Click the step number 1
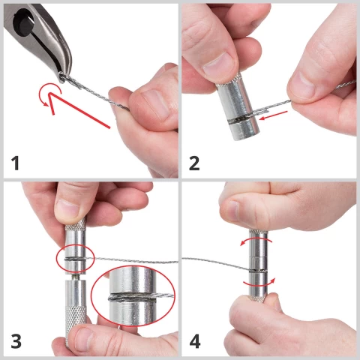click(x=15, y=163)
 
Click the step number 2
click(x=194, y=163)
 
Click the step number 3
click(x=16, y=341)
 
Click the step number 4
click(x=195, y=341)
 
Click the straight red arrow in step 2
click(x=273, y=115)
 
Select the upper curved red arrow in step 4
click(x=256, y=239)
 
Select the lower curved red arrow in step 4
click(x=260, y=283)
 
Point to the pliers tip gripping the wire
click(x=61, y=77)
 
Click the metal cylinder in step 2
click(x=238, y=106)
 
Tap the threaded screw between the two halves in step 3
click(x=76, y=277)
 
